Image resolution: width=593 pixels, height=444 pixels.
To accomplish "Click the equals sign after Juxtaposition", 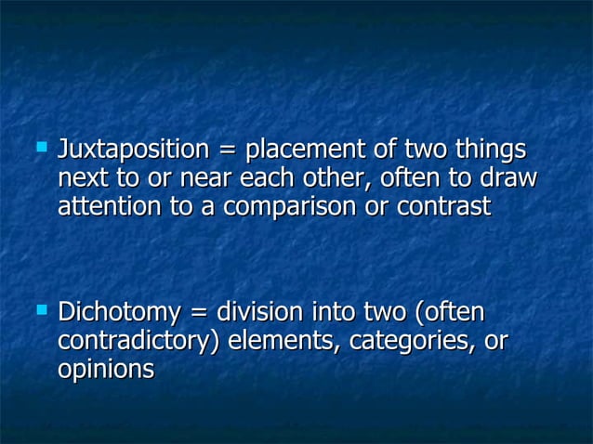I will click(x=225, y=151).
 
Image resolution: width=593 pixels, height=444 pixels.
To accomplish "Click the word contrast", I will click(x=442, y=207).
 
